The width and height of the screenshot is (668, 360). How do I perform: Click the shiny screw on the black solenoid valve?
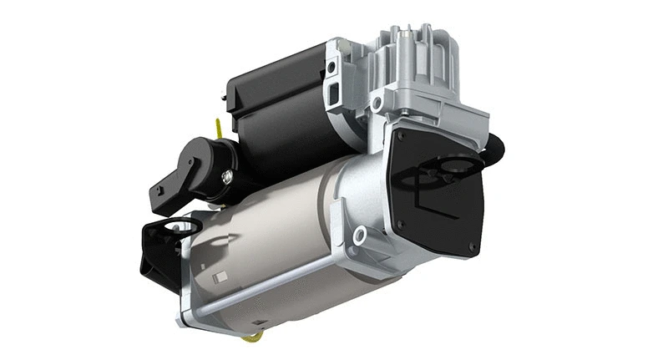click(x=225, y=176)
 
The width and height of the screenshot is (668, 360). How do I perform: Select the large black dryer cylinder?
click(x=276, y=109)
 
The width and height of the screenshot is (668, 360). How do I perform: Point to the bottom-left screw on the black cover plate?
click(x=398, y=224)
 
